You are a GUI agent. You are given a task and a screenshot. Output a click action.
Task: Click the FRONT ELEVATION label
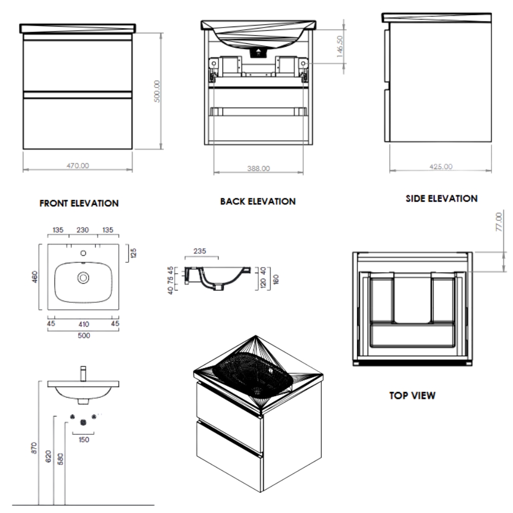coord(79,203)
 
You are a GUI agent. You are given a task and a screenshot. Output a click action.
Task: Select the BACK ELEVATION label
coord(258,202)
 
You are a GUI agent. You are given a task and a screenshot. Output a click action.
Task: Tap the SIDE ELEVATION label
coord(442,199)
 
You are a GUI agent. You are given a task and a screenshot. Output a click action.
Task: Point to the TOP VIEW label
coord(412,396)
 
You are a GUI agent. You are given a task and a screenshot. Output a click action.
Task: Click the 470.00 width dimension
coord(77,165)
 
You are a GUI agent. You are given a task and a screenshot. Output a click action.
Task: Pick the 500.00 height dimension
coord(157,91)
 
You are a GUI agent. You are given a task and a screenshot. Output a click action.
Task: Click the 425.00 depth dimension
coord(442,166)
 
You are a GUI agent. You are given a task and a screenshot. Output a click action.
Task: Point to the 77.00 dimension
coord(499,223)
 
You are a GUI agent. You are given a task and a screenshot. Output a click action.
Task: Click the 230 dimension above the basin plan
coord(83,230)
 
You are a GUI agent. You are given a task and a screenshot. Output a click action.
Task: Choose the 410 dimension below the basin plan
coord(83,324)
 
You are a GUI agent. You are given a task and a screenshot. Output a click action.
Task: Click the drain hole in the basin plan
coord(83,277)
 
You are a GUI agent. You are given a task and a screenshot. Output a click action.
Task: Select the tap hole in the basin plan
coord(83,252)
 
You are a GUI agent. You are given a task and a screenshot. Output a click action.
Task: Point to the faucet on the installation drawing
coord(82,373)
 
